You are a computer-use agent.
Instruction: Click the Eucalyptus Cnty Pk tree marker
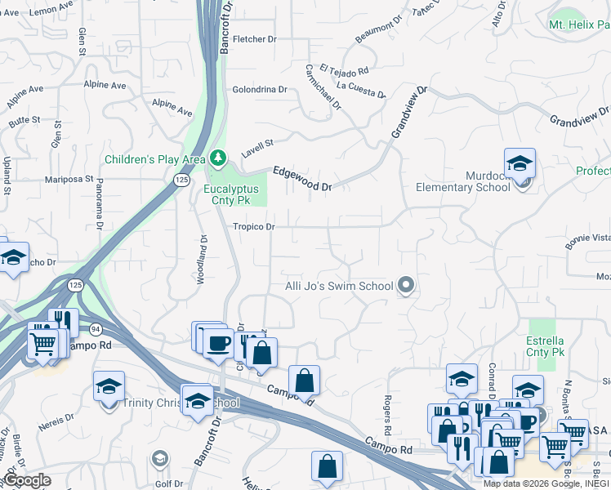[217, 157]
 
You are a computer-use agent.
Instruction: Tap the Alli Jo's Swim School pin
[406, 286]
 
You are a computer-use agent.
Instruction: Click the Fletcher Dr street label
[250, 39]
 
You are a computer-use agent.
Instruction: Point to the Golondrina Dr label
[260, 90]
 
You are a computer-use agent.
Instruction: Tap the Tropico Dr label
[253, 227]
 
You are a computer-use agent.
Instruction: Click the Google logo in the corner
[26, 480]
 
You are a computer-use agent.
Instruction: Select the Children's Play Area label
[154, 158]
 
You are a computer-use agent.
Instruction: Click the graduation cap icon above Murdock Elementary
[520, 163]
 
